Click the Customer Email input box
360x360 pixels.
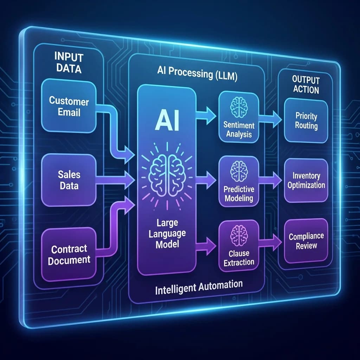[69, 107]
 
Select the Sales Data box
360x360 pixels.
[69, 180]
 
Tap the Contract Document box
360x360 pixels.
[69, 254]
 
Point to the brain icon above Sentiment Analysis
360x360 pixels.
[239, 105]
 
